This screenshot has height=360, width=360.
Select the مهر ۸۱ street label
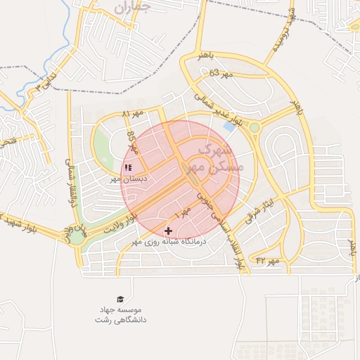[x=132, y=112]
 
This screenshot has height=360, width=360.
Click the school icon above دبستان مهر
[x=128, y=168]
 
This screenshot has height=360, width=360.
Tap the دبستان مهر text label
[x=128, y=179]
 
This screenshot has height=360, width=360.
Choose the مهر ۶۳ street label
[x=219, y=72]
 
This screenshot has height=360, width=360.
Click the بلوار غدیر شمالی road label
[x=219, y=110]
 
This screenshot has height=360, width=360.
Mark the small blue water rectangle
[x=229, y=126]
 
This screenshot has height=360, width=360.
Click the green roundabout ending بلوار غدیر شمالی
[x=254, y=128]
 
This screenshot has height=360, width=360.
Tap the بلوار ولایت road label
[x=120, y=224]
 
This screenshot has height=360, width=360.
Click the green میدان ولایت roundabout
[x=75, y=237]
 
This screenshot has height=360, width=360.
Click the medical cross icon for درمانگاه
[x=168, y=231]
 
